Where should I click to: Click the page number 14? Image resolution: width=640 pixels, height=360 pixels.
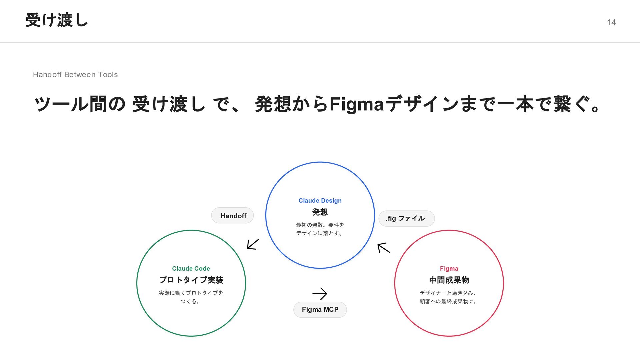coord(611,22)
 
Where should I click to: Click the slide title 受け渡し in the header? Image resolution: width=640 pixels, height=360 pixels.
coord(57,20)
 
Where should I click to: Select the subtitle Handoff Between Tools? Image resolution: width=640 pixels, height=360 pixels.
coord(75,75)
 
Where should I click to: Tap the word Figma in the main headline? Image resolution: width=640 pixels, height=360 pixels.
coord(357,104)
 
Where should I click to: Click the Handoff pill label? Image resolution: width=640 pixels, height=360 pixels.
coord(233,216)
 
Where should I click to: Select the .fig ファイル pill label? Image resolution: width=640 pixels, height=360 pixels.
coord(406,218)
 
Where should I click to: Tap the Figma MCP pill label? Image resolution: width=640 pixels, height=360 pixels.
coord(320,310)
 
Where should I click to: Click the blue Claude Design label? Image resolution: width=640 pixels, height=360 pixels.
coord(320,201)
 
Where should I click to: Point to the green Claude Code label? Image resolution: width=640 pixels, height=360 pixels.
coord(191,269)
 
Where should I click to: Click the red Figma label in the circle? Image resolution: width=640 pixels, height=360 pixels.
coord(449,269)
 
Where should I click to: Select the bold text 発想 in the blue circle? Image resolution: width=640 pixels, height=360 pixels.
coord(320,212)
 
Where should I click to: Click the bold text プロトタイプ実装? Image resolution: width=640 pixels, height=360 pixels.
coord(191,280)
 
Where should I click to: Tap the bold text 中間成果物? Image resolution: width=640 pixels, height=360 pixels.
coord(449,280)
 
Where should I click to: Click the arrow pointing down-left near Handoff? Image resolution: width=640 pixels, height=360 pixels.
coord(253,244)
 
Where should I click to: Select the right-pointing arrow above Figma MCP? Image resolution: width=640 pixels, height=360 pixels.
coord(320,294)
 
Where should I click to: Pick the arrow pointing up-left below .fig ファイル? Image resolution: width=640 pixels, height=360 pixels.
coord(383,248)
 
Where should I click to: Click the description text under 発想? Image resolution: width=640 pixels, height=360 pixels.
coord(320,229)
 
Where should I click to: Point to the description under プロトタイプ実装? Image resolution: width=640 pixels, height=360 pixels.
coord(191,297)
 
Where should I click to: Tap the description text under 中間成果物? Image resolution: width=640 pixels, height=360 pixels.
coord(449,297)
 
